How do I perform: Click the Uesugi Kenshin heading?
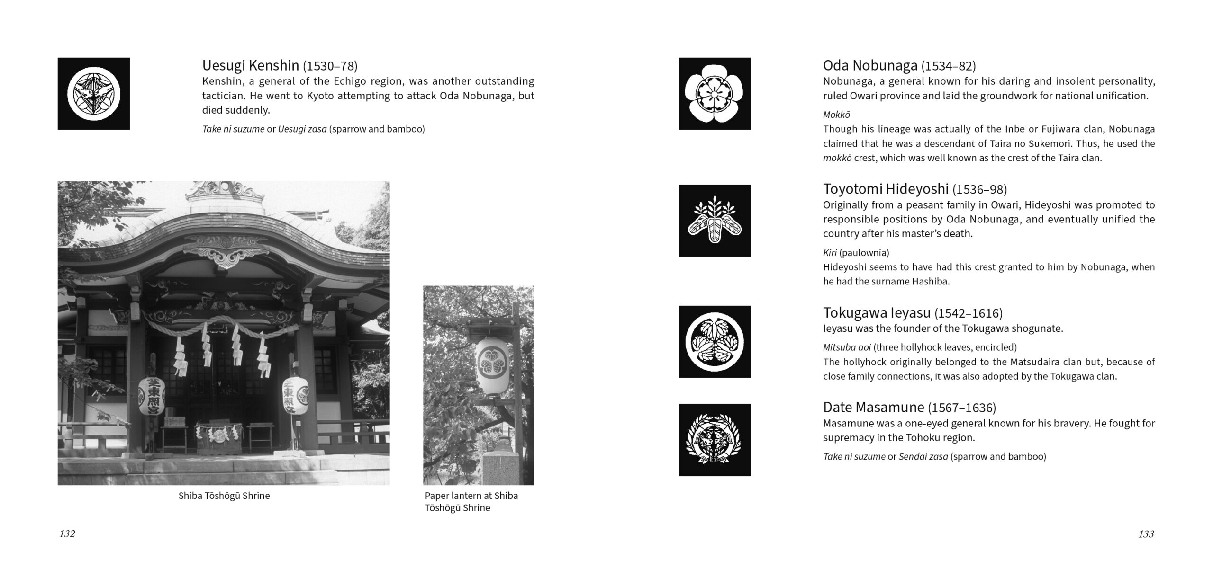pyautogui.click(x=250, y=65)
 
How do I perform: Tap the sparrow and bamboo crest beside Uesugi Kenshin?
pyautogui.click(x=94, y=94)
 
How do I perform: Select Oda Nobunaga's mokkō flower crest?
pyautogui.click(x=715, y=94)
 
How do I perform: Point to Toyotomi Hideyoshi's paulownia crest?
pyautogui.click(x=715, y=221)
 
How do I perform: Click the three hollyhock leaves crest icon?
pyautogui.click(x=715, y=342)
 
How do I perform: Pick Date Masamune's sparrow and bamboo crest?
pyautogui.click(x=715, y=440)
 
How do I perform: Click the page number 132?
pyautogui.click(x=67, y=534)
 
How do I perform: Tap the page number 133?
pyautogui.click(x=1146, y=534)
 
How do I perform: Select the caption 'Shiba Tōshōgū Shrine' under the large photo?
pyautogui.click(x=224, y=496)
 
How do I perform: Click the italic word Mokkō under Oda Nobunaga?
pyautogui.click(x=836, y=115)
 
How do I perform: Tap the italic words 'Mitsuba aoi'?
pyautogui.click(x=847, y=347)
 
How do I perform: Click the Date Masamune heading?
pyautogui.click(x=873, y=407)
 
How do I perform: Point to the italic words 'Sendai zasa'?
pyautogui.click(x=923, y=456)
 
